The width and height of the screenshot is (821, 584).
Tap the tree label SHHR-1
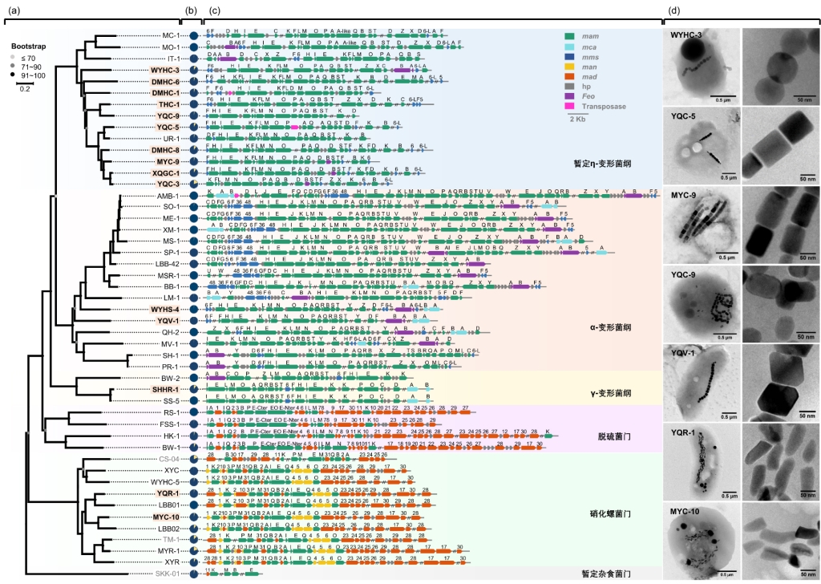click(x=165, y=389)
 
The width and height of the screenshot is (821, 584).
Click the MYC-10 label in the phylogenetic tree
click(x=166, y=517)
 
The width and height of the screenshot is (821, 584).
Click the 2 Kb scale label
click(x=576, y=120)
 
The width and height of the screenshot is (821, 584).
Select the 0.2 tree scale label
click(x=26, y=88)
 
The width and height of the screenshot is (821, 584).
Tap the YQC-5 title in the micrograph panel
click(x=686, y=115)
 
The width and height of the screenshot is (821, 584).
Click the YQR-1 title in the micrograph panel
click(x=686, y=432)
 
